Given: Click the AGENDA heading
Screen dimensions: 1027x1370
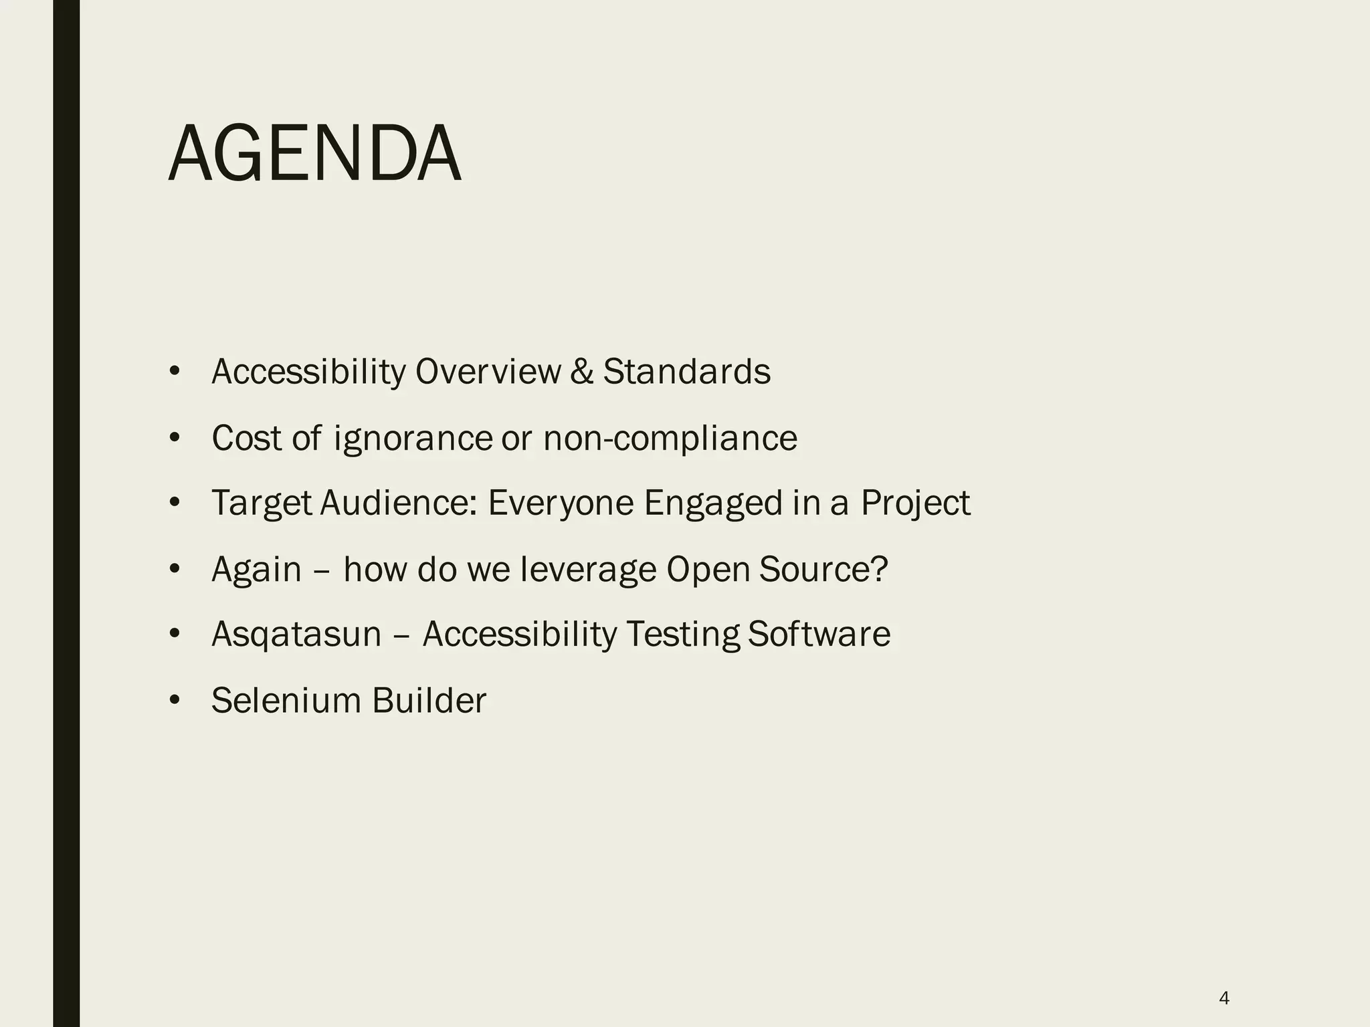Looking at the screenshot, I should pos(314,155).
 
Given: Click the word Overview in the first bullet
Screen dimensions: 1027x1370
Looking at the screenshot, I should pos(488,372).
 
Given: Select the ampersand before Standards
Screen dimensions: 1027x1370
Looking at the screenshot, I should pos(582,372).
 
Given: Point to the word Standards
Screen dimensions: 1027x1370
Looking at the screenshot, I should pos(686,372).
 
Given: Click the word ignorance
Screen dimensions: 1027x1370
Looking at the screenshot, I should pos(413,439).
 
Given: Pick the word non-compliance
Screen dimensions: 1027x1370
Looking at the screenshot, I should pos(670,439).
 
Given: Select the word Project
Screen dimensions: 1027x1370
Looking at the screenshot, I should pos(915,503).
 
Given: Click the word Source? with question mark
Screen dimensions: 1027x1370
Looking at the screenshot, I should pos(823,570).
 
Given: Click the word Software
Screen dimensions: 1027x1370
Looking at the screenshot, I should pos(819,634).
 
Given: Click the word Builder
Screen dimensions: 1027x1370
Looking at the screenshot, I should pos(429,701).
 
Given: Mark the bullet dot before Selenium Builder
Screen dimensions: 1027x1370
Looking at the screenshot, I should pos(175,701).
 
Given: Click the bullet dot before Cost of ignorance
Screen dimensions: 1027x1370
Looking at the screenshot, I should pos(175,439).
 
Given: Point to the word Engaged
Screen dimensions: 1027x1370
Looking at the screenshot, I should pos(713,503).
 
